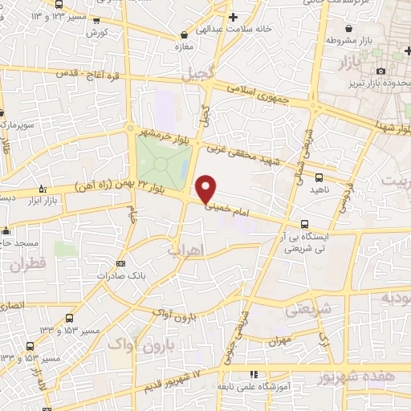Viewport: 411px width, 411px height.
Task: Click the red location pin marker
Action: coord(206,189)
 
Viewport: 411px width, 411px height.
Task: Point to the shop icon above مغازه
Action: coord(185,35)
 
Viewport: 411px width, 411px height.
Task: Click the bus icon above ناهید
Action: coord(319,177)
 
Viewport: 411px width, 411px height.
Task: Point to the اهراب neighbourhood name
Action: coord(185,250)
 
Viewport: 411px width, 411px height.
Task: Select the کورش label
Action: coord(96,33)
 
